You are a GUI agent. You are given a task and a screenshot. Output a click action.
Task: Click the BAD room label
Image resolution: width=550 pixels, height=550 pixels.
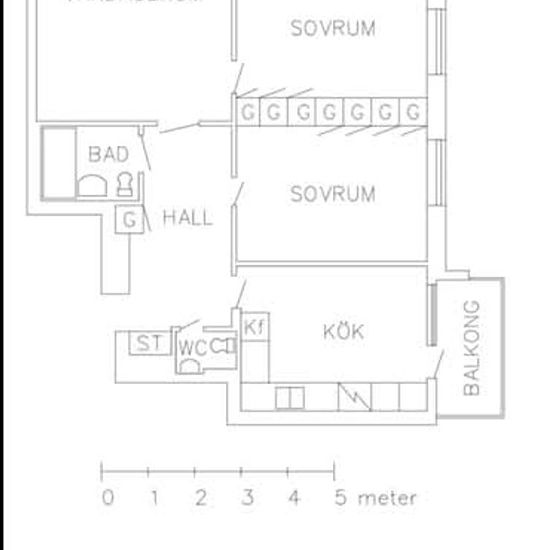(x=108, y=154)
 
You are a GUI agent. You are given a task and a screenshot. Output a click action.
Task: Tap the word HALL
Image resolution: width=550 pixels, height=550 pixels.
(x=187, y=217)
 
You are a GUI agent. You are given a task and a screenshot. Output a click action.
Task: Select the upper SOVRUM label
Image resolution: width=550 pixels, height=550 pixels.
(x=333, y=28)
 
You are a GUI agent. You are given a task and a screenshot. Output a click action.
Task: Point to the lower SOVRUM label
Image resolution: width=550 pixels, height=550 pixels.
(x=333, y=193)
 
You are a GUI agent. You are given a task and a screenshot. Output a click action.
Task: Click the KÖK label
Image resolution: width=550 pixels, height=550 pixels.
(x=343, y=331)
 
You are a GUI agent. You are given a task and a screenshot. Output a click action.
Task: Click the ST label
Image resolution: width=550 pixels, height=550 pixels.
(x=149, y=344)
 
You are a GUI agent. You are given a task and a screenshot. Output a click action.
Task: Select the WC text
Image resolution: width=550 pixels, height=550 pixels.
(x=192, y=348)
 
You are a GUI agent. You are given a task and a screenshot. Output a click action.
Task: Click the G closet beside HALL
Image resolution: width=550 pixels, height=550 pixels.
(x=129, y=219)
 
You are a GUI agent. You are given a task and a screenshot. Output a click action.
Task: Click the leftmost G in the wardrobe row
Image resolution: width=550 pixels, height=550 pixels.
(x=248, y=112)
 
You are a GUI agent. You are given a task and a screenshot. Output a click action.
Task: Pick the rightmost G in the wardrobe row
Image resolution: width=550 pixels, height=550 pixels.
(x=412, y=112)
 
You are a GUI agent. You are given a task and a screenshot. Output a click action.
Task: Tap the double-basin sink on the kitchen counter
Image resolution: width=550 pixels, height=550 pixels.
(x=290, y=397)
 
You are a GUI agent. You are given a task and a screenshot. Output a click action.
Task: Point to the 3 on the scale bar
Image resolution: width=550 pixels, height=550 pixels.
(x=246, y=497)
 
